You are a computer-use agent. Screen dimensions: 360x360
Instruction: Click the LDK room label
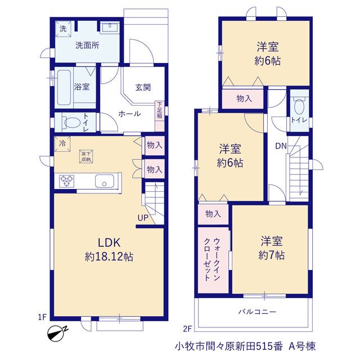[109, 242]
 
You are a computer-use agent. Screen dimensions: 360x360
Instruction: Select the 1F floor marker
[42, 317]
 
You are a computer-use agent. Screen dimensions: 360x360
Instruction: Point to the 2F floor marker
[187, 328]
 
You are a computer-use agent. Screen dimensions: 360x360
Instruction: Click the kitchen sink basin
[105, 181]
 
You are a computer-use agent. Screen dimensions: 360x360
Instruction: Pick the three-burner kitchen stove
[66, 181]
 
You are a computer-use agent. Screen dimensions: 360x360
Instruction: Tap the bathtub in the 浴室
[64, 87]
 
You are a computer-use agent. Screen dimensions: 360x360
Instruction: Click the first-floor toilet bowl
[72, 122]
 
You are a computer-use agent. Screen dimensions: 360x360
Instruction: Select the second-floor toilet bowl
[299, 106]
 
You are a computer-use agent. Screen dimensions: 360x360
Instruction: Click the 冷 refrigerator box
[62, 144]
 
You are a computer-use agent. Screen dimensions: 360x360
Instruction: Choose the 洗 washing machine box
[63, 29]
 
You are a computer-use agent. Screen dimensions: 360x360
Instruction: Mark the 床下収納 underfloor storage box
[86, 156]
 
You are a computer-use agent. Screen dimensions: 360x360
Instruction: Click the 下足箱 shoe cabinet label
[160, 110]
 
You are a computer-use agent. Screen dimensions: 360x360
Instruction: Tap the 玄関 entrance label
[143, 87]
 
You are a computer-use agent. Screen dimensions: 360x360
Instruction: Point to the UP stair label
[143, 218]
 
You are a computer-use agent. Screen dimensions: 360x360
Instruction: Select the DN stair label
[281, 146]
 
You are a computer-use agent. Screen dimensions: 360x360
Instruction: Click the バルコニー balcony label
[257, 312]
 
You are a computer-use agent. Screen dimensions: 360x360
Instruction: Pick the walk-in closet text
[212, 259]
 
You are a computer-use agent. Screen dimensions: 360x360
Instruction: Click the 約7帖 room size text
[271, 255]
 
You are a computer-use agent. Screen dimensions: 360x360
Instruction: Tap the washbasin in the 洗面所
[110, 28]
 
